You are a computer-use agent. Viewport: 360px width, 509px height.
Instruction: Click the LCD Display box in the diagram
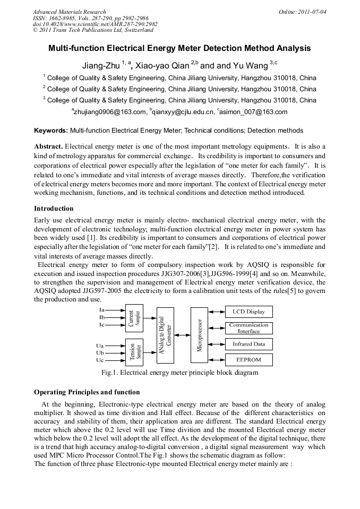248,312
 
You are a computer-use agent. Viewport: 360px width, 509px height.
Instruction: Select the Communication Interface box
248,328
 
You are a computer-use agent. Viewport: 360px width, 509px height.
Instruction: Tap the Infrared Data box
248,344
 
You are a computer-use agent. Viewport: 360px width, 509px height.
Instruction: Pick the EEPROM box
248,360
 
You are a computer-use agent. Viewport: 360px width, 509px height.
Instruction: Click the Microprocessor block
200,335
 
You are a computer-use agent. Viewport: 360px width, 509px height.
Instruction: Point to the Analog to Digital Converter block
166,335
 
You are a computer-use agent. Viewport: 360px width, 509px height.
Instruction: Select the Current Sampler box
134,317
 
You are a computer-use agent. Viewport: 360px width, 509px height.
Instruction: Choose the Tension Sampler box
134,352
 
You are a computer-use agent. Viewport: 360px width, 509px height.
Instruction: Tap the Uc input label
100,360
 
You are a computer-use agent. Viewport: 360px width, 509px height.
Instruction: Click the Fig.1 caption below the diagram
179,373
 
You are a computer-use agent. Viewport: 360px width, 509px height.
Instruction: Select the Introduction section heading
54,208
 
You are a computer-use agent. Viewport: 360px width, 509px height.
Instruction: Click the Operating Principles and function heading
87,392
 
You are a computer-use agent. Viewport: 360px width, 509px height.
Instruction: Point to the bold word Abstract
48,146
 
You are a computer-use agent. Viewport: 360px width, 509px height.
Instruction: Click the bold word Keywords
51,130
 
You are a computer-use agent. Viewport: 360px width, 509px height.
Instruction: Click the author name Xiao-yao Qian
162,66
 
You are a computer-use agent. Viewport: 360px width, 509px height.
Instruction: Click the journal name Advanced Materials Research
69,12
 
